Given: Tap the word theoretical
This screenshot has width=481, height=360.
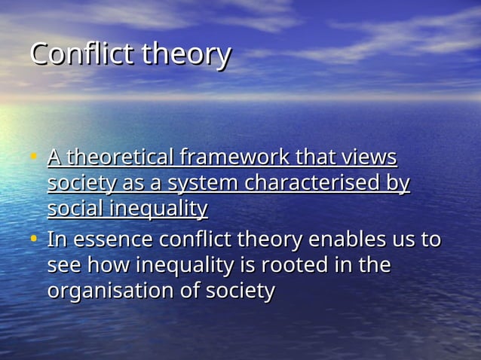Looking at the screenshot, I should (118, 157).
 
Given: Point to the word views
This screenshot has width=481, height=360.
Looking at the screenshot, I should (369, 157).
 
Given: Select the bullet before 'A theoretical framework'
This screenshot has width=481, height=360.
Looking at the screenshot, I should (33, 158).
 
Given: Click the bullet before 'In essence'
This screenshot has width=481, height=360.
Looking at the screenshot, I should (33, 240).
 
